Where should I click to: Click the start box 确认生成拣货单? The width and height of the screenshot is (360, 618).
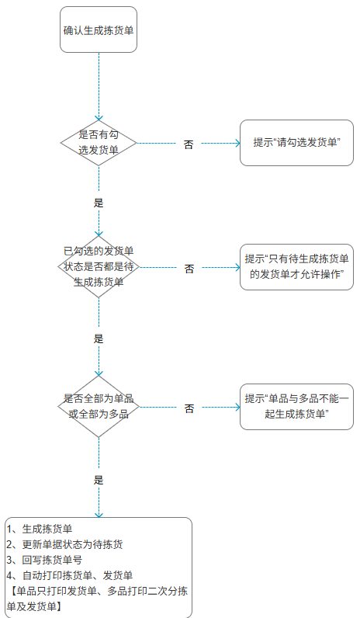coord(99,30)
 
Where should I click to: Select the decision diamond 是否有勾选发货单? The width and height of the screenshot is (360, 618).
coord(99,143)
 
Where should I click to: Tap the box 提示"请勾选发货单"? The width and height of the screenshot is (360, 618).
coord(296,143)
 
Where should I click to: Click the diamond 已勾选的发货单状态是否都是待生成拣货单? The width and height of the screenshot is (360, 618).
coord(99,267)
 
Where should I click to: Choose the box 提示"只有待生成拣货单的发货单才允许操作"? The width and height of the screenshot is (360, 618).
coord(296,267)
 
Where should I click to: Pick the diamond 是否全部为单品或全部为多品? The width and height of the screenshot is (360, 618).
coord(99,406)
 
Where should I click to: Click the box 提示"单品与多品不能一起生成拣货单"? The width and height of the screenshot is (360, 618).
coord(296,406)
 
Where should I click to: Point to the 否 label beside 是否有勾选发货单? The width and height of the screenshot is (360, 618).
coord(189,144)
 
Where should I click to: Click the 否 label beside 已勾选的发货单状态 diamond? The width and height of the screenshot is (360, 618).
coord(189,269)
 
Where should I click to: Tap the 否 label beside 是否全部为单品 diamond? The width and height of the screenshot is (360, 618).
coord(189,408)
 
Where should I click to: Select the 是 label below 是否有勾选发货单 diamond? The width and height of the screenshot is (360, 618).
coord(99,203)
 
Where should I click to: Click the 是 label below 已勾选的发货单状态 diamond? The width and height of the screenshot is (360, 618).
coord(99,339)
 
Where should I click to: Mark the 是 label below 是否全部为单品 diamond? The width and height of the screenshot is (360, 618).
coord(99,480)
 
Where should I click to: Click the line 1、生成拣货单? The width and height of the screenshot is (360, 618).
coord(40,529)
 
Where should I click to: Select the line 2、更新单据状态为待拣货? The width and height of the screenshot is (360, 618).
coord(64,544)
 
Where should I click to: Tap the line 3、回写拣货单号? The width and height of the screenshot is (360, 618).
coord(44,560)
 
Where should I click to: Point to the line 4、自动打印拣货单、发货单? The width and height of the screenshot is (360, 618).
coord(70,575)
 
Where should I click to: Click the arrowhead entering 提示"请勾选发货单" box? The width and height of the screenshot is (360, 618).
coord(237,143)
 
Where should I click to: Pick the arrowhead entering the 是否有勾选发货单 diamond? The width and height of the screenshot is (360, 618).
coord(99,118)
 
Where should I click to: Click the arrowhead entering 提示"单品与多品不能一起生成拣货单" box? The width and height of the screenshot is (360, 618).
coord(237,407)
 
